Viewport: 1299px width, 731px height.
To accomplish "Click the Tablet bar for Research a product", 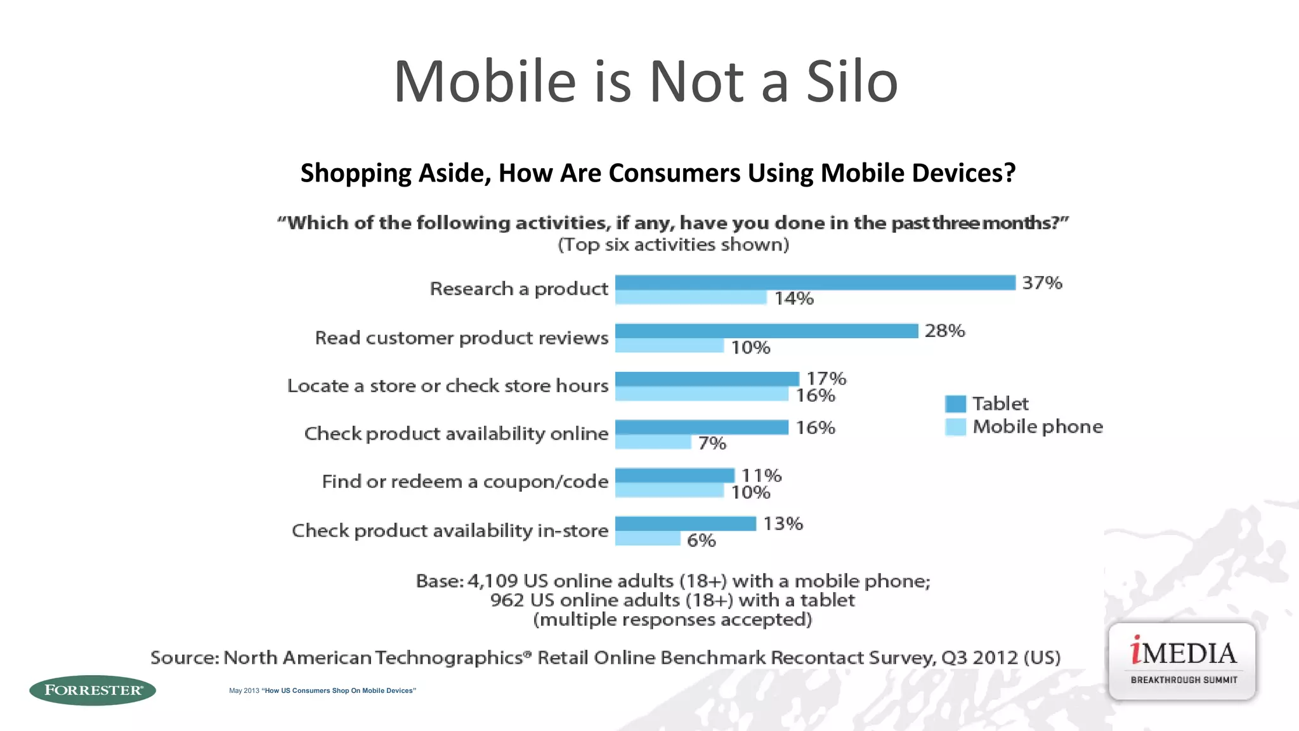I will click(x=815, y=282).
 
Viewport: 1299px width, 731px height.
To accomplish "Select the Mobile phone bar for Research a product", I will click(x=691, y=298).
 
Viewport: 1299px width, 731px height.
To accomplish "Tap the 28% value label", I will click(x=944, y=331).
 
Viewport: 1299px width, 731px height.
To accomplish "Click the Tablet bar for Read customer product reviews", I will click(x=766, y=331).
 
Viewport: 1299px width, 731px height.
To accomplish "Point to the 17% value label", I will click(x=826, y=378).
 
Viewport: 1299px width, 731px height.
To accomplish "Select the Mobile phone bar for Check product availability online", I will click(x=653, y=442).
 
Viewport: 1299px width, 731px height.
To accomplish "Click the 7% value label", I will click(x=712, y=443).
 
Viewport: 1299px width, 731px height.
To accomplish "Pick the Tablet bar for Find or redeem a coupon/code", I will click(x=674, y=475).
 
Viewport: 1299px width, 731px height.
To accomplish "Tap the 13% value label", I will click(x=783, y=524).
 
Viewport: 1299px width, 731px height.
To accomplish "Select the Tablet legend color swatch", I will click(x=955, y=404).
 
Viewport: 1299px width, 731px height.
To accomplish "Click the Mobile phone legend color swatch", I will click(x=955, y=427).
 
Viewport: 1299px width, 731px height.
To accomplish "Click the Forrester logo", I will click(x=93, y=690).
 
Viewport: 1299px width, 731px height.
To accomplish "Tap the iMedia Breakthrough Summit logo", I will click(x=1182, y=661).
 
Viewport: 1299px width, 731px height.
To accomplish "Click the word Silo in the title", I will click(x=852, y=82).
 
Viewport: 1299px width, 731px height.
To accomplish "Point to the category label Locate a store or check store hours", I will click(x=447, y=386).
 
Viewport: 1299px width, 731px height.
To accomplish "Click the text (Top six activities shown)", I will click(x=673, y=245).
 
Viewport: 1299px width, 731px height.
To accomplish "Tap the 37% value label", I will click(x=1041, y=282).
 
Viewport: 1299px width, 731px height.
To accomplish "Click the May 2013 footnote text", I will click(x=322, y=690).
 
